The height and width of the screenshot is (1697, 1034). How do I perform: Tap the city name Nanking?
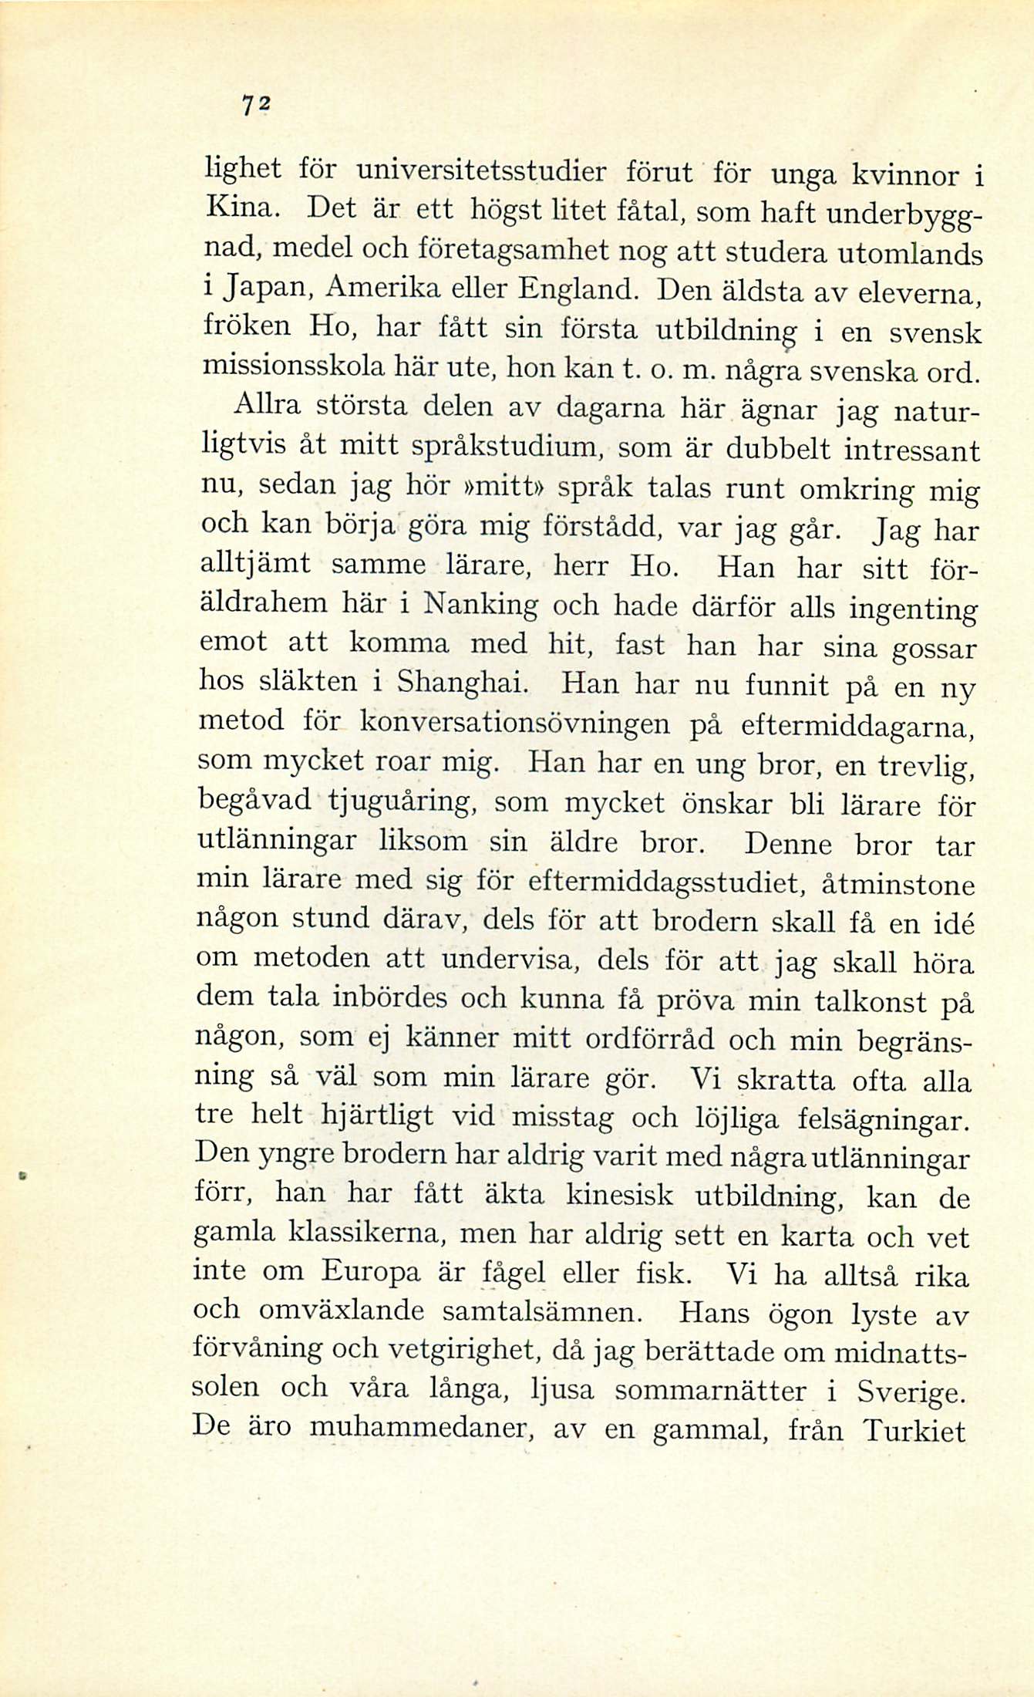[483, 604]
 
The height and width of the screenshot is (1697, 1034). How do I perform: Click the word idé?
[952, 923]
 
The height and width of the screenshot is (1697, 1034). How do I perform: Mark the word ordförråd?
[650, 1040]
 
